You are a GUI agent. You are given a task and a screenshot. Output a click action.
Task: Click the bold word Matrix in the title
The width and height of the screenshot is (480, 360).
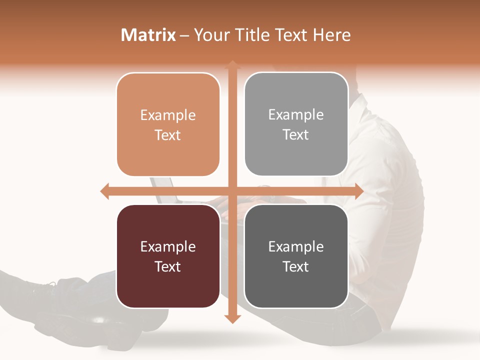(148, 35)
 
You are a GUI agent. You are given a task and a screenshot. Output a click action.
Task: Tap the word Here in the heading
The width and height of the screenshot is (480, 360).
(332, 35)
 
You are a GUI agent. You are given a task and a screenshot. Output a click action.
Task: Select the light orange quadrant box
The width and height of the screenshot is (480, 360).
(168, 124)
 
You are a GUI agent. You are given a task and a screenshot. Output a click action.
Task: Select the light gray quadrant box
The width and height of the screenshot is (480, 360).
(296, 124)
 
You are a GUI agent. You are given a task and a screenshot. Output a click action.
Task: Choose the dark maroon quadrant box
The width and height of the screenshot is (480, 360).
(168, 256)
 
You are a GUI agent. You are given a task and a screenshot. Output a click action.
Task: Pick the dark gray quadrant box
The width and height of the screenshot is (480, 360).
(296, 256)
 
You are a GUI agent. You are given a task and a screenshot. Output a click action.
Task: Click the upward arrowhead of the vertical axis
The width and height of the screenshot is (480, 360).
(232, 64)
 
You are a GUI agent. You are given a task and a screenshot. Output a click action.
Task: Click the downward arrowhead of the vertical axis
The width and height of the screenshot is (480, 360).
(232, 318)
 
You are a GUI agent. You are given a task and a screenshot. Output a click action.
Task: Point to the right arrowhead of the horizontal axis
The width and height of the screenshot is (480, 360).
(358, 191)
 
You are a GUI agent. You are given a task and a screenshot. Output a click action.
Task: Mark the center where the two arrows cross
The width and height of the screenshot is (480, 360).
(232, 191)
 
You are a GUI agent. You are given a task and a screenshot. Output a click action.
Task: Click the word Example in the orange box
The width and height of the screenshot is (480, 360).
(168, 115)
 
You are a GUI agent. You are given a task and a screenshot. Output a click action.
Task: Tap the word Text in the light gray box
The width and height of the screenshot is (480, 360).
(296, 134)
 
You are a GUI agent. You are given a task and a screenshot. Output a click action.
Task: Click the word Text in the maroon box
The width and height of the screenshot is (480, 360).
(168, 266)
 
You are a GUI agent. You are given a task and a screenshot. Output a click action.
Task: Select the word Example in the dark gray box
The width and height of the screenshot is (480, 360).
(296, 246)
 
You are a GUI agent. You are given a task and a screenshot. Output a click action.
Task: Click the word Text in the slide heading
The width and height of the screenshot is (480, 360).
(289, 35)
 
